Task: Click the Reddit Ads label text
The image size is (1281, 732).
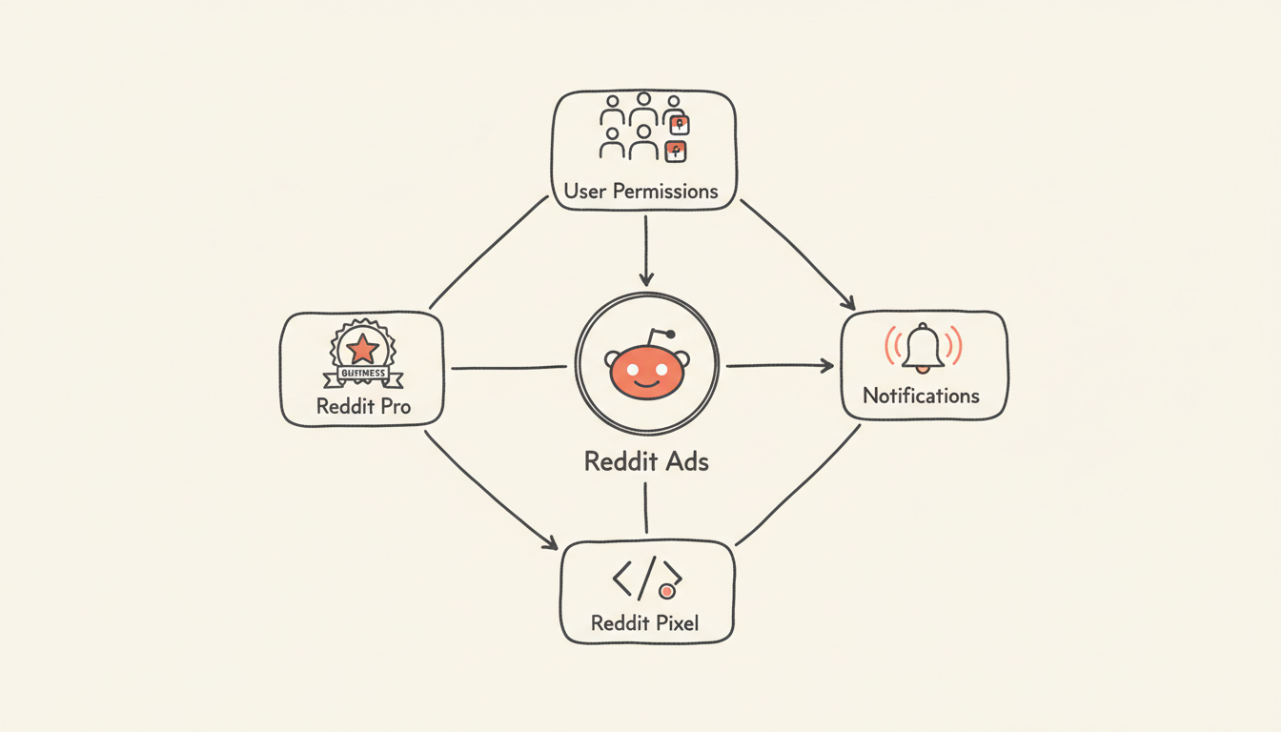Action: point(645,462)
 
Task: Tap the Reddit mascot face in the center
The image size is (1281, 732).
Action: point(646,373)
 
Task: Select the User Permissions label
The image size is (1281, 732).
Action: point(640,191)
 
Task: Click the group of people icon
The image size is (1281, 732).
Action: point(641,126)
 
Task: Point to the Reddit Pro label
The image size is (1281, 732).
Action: point(363,406)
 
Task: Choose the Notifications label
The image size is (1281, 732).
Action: point(921,395)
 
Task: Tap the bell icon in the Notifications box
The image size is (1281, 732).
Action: point(924,347)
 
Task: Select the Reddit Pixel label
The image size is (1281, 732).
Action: point(645,623)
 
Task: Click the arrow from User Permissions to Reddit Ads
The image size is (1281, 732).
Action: point(646,250)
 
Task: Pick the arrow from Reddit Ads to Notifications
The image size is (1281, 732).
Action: point(779,365)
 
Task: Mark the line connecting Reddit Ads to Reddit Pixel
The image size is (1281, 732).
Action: point(646,507)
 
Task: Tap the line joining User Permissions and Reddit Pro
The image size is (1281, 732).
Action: point(489,252)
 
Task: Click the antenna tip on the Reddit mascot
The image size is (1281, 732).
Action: point(671,335)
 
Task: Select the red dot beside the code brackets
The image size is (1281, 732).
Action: point(667,592)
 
